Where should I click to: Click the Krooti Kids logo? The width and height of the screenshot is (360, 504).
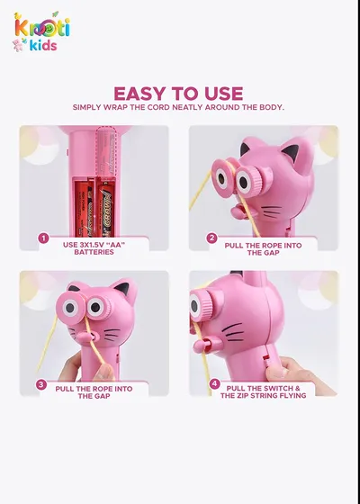click(41, 31)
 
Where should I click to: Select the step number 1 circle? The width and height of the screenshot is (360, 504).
click(43, 238)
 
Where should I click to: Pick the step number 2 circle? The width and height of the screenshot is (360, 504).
click(212, 238)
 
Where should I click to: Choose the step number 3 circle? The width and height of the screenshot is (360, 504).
click(41, 385)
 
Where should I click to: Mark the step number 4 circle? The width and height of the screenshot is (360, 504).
click(214, 383)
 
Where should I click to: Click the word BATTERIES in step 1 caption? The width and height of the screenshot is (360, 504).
click(94, 252)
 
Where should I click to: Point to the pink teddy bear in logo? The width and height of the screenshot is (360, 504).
click(18, 45)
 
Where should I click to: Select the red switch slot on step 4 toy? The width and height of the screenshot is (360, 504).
click(265, 357)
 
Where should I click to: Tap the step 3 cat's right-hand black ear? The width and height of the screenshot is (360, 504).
click(123, 288)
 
